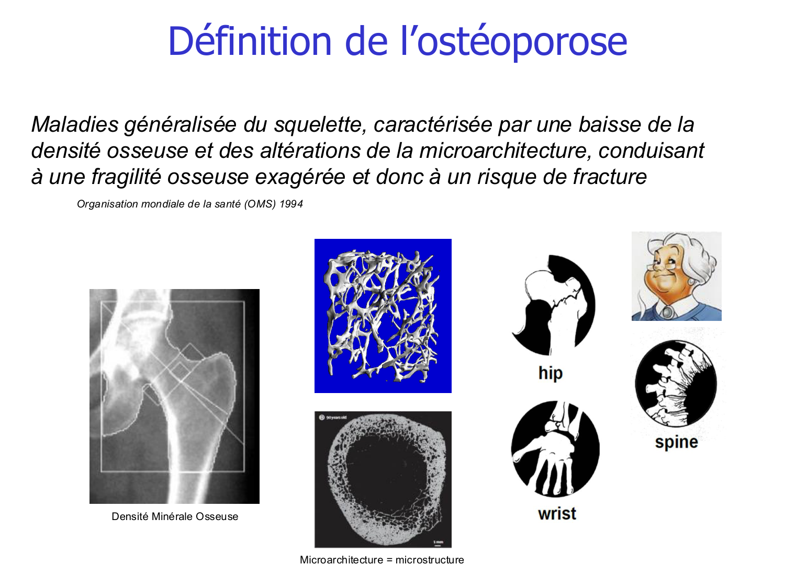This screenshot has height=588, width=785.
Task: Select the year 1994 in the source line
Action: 291,204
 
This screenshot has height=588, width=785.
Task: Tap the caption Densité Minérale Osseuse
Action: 175,517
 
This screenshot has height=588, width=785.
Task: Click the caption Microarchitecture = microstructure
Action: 382,560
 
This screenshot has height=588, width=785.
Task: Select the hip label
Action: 550,373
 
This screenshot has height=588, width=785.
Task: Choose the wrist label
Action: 557,514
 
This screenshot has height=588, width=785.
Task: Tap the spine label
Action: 676,442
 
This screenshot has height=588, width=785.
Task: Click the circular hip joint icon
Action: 554,305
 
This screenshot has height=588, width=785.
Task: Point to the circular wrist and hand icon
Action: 555,449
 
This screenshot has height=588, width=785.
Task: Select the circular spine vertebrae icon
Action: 676,383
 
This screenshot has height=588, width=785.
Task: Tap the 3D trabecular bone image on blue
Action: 383,316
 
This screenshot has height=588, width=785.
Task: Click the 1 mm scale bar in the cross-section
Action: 438,544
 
